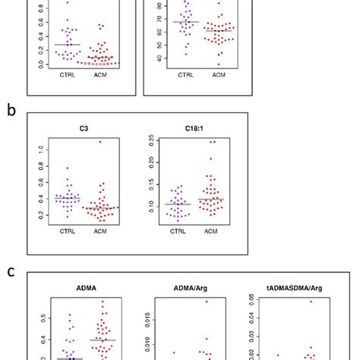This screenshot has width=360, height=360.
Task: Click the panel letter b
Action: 11,111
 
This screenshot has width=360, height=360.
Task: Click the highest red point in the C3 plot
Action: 99,141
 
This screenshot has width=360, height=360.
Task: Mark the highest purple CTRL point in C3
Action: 68,168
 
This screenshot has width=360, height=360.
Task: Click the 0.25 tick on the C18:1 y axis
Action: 146,141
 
